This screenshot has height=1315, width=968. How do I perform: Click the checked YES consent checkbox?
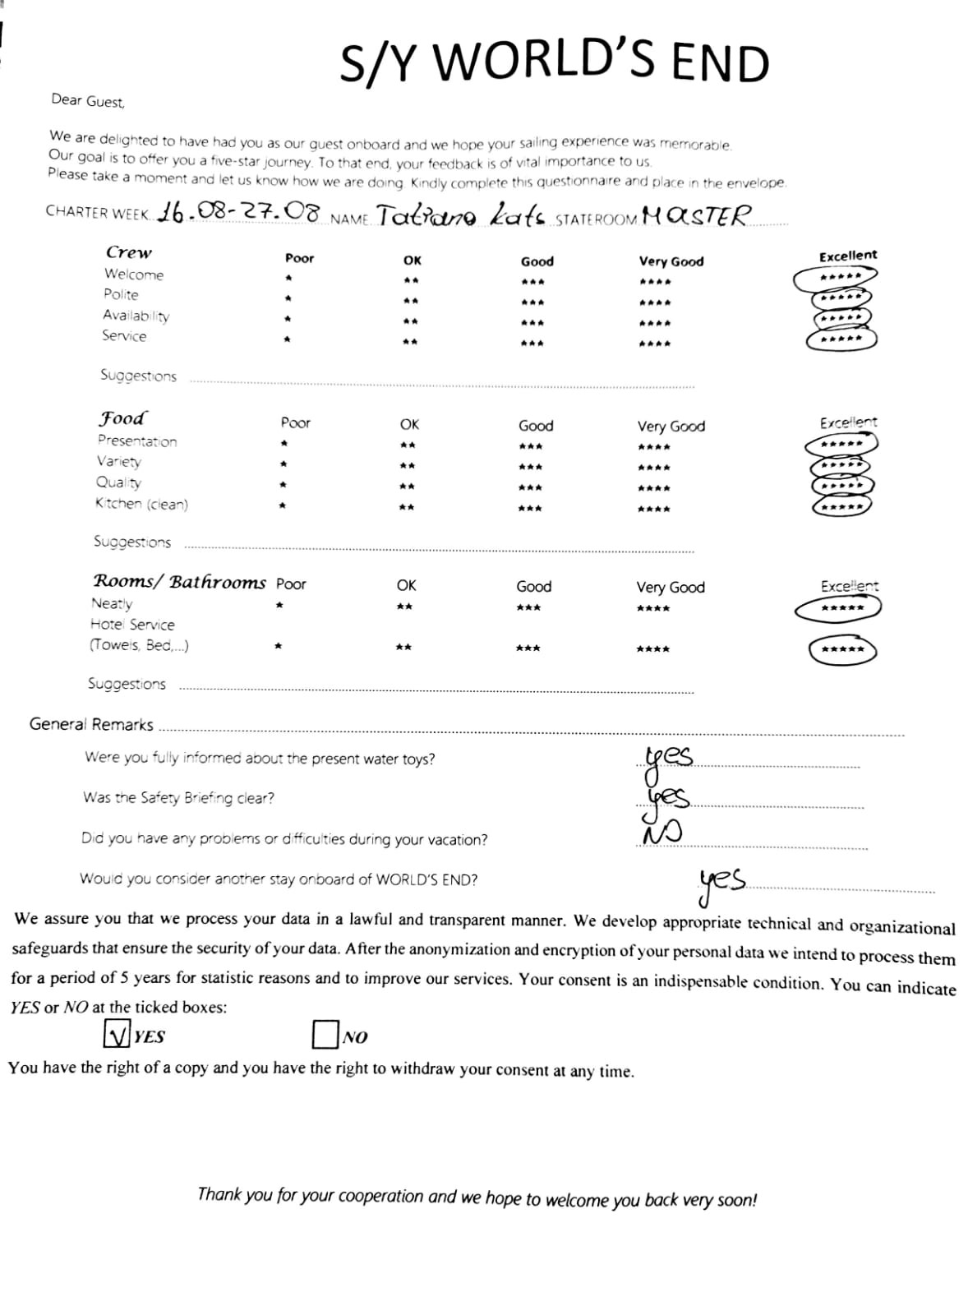118,1034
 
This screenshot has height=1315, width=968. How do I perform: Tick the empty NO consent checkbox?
325,1035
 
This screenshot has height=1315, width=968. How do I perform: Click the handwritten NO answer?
661,834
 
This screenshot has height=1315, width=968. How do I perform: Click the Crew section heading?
129,252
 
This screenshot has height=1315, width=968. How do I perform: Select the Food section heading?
122,418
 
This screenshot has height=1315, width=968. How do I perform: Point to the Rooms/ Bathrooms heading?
179,582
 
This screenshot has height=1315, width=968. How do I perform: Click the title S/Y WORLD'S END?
555,63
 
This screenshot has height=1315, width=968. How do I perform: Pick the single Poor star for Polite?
288,298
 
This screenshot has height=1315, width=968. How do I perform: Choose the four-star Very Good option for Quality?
654,488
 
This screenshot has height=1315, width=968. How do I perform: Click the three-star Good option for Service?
532,343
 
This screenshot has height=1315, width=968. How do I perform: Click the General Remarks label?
91,724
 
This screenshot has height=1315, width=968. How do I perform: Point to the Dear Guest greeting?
88,100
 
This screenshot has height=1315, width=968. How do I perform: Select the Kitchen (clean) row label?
141,503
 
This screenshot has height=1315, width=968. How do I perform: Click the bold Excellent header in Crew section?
848,256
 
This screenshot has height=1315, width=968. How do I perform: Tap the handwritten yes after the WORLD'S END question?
721,881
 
